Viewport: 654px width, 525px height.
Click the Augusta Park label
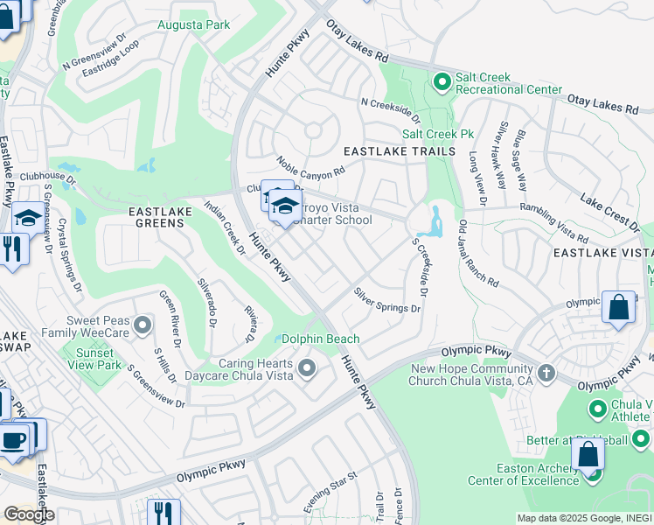point(193,24)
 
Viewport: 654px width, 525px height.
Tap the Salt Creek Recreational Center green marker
point(442,83)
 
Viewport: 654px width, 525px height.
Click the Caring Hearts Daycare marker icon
point(306,367)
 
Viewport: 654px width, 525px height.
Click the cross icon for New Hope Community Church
point(546,374)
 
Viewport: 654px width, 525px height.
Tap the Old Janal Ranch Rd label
point(478,255)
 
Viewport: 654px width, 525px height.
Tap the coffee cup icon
point(13,439)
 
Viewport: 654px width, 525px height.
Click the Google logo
point(29,514)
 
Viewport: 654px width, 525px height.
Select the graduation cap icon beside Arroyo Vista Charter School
point(284,206)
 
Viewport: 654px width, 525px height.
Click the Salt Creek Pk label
point(425,134)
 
